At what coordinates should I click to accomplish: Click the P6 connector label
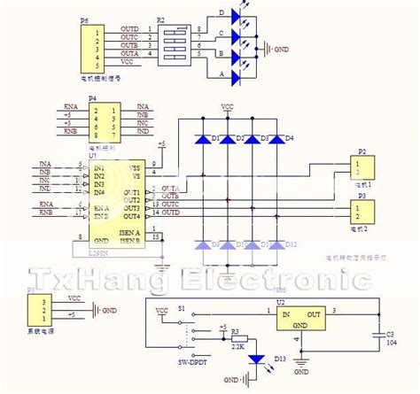point(84,19)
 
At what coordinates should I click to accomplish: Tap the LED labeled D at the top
point(235,16)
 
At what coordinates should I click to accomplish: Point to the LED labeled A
point(235,78)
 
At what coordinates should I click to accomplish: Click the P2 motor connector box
point(366,166)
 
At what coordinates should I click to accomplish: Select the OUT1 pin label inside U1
point(131,192)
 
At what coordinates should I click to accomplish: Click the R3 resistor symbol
point(237,337)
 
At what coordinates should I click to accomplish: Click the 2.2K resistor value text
point(237,348)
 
